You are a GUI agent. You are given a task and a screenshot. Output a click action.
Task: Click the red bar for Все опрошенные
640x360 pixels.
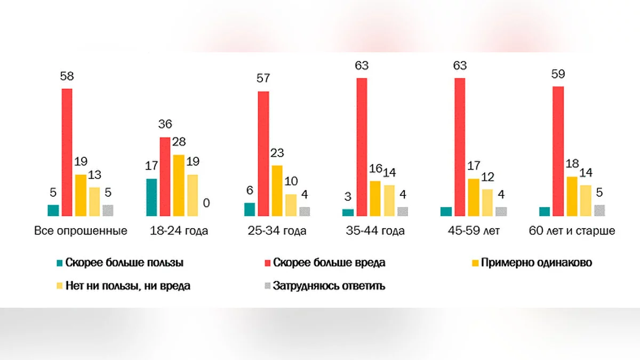[x=67, y=152]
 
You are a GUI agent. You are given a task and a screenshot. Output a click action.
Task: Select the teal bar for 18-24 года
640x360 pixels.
[x=151, y=197]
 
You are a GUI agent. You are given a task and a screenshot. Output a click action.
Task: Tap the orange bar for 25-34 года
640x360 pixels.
[x=277, y=191]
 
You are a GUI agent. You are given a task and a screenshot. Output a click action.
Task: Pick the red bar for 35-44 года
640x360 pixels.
[x=362, y=147]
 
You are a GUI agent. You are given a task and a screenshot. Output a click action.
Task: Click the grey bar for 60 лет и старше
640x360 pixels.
[x=599, y=211]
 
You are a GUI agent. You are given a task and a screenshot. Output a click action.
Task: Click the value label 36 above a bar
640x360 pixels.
[x=165, y=125]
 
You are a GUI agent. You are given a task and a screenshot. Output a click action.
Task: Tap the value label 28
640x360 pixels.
[x=179, y=142]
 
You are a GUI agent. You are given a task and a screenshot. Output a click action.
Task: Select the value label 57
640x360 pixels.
[x=263, y=79]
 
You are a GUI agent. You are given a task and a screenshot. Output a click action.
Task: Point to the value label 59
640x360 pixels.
[x=558, y=74]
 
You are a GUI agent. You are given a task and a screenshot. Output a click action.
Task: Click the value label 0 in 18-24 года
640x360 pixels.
[x=206, y=203]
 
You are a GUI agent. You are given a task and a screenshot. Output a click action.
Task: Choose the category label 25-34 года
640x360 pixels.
[x=277, y=231]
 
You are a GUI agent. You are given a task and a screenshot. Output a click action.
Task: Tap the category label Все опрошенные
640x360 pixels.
[x=81, y=231]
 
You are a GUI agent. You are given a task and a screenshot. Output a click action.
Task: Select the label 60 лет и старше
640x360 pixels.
[x=572, y=231]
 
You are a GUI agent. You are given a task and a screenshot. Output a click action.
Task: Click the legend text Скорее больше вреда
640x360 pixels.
[x=329, y=262]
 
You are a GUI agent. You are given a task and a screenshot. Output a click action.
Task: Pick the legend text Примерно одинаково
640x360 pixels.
[x=536, y=262]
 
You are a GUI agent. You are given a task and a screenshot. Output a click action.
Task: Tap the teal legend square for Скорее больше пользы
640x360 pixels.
[x=60, y=263]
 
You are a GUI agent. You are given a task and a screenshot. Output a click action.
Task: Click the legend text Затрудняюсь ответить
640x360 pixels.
[x=329, y=286]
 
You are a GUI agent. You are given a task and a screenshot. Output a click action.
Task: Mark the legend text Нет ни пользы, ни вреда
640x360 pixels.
[x=128, y=286]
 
